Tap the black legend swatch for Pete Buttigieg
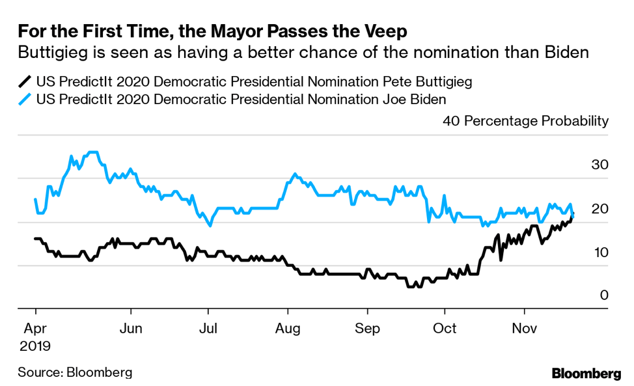(25, 82)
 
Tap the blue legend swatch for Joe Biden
(25, 100)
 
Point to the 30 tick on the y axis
(599, 165)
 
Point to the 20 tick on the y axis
(599, 209)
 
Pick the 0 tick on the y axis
(603, 296)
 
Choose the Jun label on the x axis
(131, 329)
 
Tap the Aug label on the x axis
(286, 329)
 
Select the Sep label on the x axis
(367, 329)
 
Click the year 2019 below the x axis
(34, 345)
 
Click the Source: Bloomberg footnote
(75, 372)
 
